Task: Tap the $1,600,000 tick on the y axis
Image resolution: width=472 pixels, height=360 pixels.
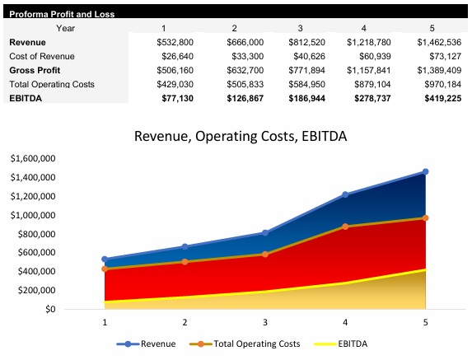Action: pos(32,158)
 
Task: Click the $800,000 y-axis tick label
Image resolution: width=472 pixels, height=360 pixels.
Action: pos(35,234)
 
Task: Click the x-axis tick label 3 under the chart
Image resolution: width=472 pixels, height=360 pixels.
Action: pos(265,323)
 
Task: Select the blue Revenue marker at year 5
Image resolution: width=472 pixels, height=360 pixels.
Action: pos(425,172)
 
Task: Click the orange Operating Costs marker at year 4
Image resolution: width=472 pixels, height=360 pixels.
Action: pos(345,227)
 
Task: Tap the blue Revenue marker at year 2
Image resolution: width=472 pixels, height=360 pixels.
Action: pos(185,246)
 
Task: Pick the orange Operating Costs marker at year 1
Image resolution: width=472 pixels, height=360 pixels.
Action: pos(105,269)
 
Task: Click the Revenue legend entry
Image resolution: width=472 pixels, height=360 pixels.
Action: pos(144,344)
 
